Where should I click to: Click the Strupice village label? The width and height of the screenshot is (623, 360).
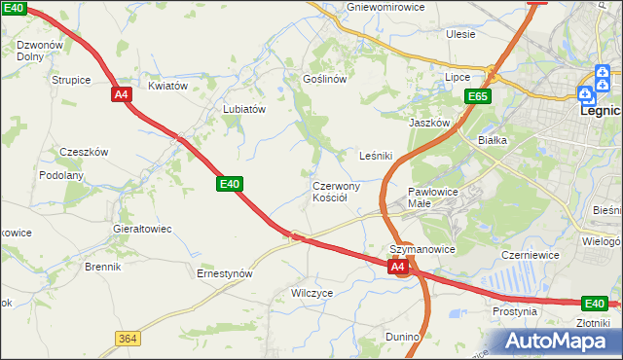71,79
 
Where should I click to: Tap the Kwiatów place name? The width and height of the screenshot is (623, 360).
167,86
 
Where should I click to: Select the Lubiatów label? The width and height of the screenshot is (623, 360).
244,110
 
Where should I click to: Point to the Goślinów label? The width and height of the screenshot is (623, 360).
325,79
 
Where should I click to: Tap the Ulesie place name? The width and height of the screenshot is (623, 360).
460,34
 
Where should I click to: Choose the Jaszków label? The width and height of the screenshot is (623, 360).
429,124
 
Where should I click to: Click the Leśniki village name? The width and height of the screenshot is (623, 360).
375,156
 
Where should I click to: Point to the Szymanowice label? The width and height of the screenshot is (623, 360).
422,249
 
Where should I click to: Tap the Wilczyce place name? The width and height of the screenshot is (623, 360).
312,292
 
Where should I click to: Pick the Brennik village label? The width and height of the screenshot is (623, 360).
102,267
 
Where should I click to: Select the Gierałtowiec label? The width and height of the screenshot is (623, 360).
143,229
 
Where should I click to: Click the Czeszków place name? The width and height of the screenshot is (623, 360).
84,152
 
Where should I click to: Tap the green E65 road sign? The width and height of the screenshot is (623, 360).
477,96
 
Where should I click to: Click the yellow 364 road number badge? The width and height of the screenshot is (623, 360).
127,338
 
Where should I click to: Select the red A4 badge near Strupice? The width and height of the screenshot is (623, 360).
122,94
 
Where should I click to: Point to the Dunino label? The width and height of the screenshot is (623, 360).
401,337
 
